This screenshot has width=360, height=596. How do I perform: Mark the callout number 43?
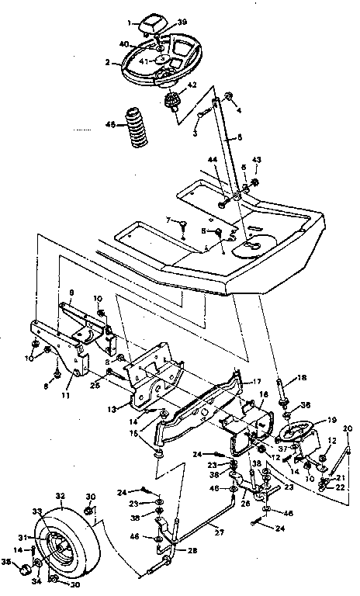tap(257, 161)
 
